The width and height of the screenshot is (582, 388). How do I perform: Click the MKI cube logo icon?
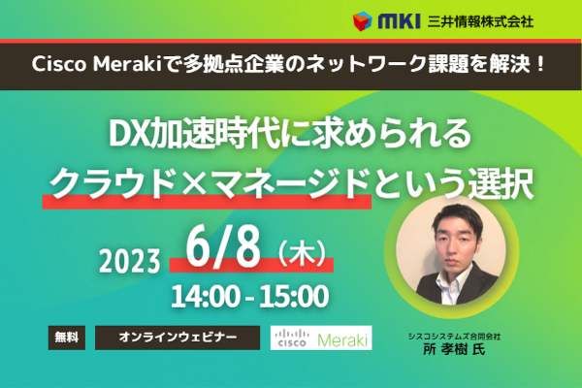click(362, 21)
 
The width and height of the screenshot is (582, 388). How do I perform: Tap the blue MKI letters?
click(399, 21)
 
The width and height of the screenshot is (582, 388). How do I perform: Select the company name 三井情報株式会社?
click(480, 21)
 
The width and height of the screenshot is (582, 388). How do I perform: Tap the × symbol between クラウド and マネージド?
click(195, 183)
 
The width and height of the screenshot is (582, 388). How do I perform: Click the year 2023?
click(130, 261)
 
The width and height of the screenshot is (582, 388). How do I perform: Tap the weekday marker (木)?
click(302, 253)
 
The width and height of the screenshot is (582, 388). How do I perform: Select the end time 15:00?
click(294, 296)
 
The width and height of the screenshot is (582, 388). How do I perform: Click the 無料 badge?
click(67, 338)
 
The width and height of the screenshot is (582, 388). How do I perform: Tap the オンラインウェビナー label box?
click(178, 338)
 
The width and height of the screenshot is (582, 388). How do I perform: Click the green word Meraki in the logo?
click(341, 339)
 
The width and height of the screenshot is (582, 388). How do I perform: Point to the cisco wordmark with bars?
click(292, 338)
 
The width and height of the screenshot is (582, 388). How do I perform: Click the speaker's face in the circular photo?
click(458, 238)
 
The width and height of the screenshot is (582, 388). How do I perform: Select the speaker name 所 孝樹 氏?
click(454, 349)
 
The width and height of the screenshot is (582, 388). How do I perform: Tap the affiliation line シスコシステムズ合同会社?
click(454, 337)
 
